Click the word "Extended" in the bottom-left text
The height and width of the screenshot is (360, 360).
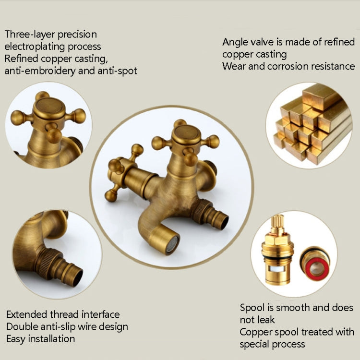[x=27, y=315]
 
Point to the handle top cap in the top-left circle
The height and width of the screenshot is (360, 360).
[x=49, y=106]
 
